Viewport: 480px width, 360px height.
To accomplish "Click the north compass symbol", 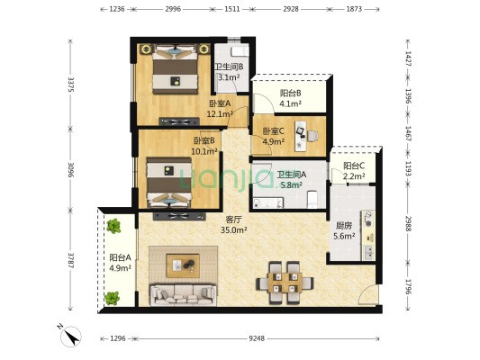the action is pos(70,336).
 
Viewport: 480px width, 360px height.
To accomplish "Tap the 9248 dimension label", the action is pos(257,338).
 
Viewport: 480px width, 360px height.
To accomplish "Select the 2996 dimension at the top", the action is pos(173,9).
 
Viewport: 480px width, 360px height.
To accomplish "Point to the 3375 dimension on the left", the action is pos(71,84).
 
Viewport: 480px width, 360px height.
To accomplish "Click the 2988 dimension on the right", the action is pos(408,223).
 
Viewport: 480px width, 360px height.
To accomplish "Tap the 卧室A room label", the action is pos(220,103).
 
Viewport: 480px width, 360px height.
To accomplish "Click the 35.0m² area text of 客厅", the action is pos(234,229).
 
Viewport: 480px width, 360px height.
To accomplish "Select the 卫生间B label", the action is pos(229,67).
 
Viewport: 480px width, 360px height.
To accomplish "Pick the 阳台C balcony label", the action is pos(354,166).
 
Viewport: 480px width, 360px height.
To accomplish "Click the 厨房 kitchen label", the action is pos(344,226).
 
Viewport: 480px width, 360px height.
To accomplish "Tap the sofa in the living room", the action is pos(184,295).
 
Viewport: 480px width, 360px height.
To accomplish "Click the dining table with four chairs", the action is pos(285,283).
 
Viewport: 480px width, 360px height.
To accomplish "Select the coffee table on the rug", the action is pos(183,265).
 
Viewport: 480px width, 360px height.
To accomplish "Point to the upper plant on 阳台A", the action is pos(113,226).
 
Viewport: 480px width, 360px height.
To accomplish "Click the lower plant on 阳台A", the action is pos(112,298).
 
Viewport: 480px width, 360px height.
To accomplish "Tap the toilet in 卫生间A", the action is pos(312,199).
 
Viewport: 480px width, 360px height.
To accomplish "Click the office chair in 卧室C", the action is pos(312,136).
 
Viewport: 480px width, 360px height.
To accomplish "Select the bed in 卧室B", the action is pos(169,183).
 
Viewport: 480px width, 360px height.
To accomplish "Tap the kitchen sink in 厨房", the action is pos(368,252).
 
